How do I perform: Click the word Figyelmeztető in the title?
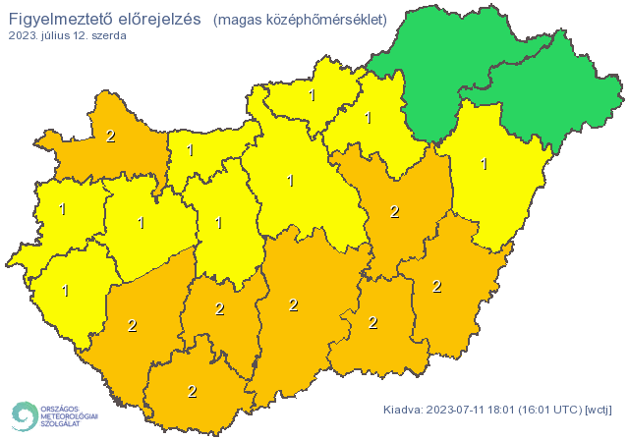[x=57, y=19]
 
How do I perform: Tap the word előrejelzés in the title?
[x=157, y=19]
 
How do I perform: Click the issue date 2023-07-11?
[x=458, y=410]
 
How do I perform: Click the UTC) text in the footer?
[x=575, y=410]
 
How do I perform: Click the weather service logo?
[x=54, y=415]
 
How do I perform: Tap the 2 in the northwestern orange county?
[x=110, y=137]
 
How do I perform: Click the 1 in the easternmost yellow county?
[x=484, y=164]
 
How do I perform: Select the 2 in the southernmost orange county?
[x=192, y=391]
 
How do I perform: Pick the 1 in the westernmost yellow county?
[x=62, y=209]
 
